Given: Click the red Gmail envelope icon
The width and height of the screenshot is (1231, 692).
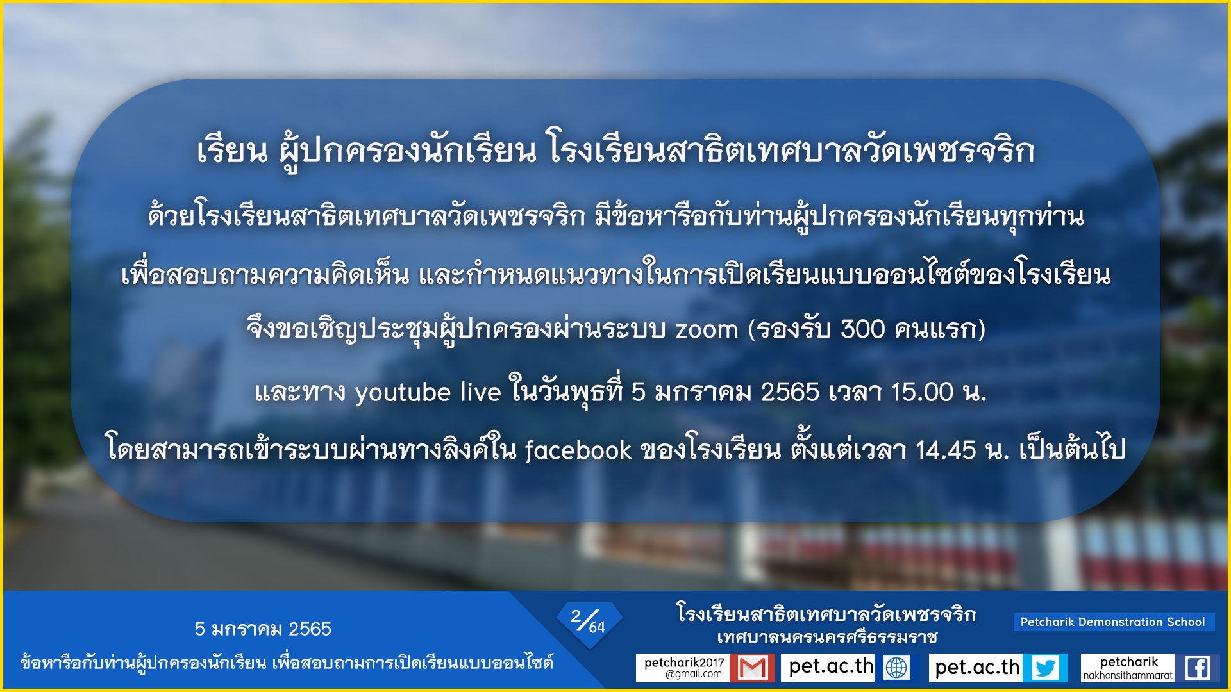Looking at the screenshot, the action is pos(753,668).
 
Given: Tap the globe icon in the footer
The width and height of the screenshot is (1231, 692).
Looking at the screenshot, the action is pos(896,668).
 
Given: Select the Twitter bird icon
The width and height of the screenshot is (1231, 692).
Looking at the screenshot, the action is pos(1046,668).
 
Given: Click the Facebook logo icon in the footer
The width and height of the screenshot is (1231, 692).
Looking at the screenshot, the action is pos(1198,668).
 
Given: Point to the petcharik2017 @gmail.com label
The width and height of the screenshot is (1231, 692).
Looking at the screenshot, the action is pos(683,668).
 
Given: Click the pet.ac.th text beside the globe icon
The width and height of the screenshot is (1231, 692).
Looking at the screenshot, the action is pos(831,667).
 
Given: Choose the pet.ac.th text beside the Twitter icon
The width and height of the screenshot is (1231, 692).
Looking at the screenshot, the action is pos(977,668).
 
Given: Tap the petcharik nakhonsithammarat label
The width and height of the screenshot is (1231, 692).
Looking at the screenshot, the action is pos(1128,668).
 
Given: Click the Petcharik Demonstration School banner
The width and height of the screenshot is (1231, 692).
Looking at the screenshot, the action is pos(1114,622).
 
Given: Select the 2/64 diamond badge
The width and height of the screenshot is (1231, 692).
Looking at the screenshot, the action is pos(589,623).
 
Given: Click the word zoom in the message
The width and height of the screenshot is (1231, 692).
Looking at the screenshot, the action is pos(706,329).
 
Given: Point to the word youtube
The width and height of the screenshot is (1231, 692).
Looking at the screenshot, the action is pos(403,393).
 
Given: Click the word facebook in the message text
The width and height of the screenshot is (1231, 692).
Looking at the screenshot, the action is pos(578,450).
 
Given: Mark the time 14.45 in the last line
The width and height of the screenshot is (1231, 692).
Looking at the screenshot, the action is pos(946,450).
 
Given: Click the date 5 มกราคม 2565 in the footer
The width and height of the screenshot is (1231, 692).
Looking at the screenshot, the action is pos(263,629).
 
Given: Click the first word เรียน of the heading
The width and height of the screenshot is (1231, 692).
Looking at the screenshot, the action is pos(232,151).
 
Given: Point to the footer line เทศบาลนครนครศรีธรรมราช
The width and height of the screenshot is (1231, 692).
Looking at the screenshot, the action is pos(827,638).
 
